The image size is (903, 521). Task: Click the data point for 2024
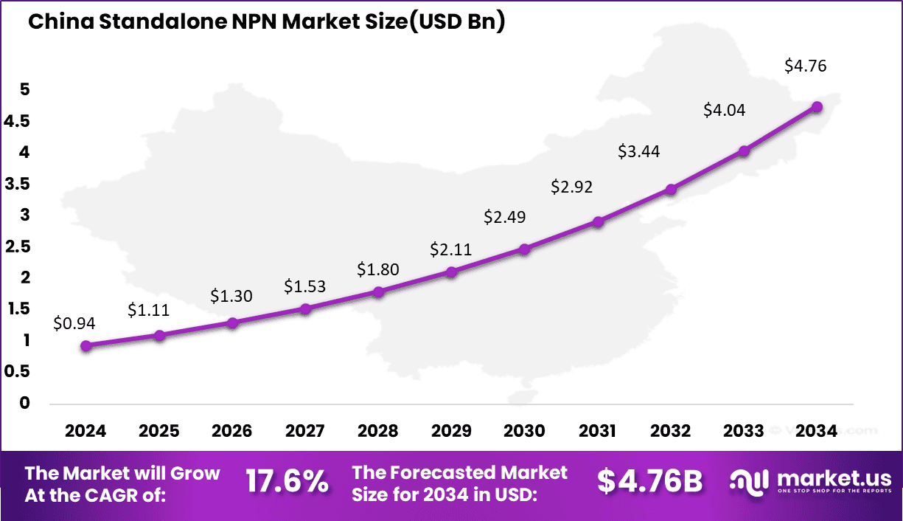[86, 345]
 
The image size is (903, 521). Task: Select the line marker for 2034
[817, 106]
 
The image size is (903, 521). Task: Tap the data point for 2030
[524, 249]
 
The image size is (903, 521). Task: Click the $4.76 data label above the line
[805, 66]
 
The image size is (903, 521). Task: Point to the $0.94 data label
[74, 322]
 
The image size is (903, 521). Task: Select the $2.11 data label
[451, 249]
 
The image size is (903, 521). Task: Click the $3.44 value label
[638, 152]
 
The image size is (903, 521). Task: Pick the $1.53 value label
[304, 286]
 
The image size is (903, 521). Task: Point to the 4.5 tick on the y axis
[17, 121]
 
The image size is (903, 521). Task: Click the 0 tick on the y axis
[25, 403]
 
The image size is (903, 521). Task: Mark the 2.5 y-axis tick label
[17, 246]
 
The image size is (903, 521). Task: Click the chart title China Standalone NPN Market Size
[266, 22]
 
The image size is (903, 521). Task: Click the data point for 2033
[744, 151]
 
